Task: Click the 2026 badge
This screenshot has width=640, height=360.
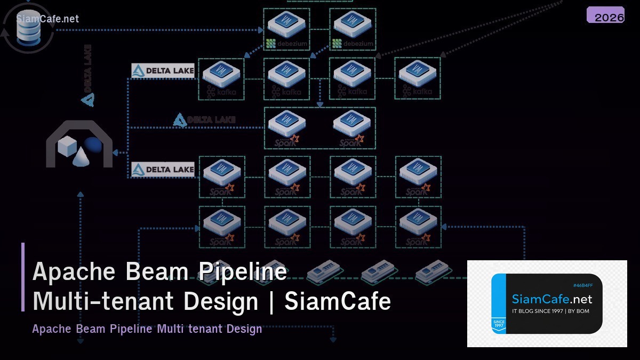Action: (605, 15)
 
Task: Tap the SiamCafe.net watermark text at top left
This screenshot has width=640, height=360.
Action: (47, 19)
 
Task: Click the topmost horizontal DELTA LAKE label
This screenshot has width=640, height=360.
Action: (163, 70)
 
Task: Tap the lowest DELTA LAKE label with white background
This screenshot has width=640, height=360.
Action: (163, 170)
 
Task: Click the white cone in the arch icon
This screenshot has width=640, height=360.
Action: (81, 156)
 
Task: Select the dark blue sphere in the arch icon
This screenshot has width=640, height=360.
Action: (93, 145)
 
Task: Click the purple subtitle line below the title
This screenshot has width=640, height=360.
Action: (147, 329)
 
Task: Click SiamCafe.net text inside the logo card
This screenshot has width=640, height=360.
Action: (551, 299)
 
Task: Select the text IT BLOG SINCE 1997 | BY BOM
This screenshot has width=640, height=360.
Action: (550, 311)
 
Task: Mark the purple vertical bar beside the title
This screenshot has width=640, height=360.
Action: (23, 277)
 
